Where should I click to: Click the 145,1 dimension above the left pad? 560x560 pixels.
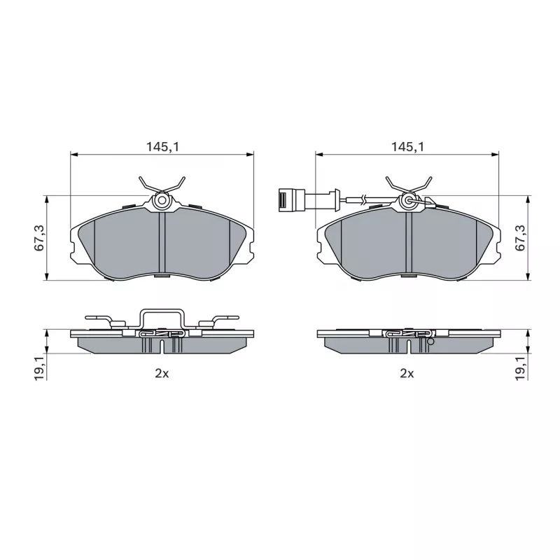point(162,147)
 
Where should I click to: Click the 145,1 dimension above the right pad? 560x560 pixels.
point(407,147)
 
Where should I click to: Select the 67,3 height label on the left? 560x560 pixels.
point(39,238)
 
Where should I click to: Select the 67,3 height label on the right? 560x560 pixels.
point(520,238)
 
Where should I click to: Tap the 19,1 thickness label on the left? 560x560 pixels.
point(40,368)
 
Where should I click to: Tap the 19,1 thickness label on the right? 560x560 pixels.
point(521,368)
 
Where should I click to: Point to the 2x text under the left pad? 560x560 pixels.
point(162,374)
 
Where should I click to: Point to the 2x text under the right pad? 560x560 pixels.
point(407,374)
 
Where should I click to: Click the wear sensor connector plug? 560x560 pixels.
point(291,200)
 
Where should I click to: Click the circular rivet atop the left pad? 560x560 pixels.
point(162,200)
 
